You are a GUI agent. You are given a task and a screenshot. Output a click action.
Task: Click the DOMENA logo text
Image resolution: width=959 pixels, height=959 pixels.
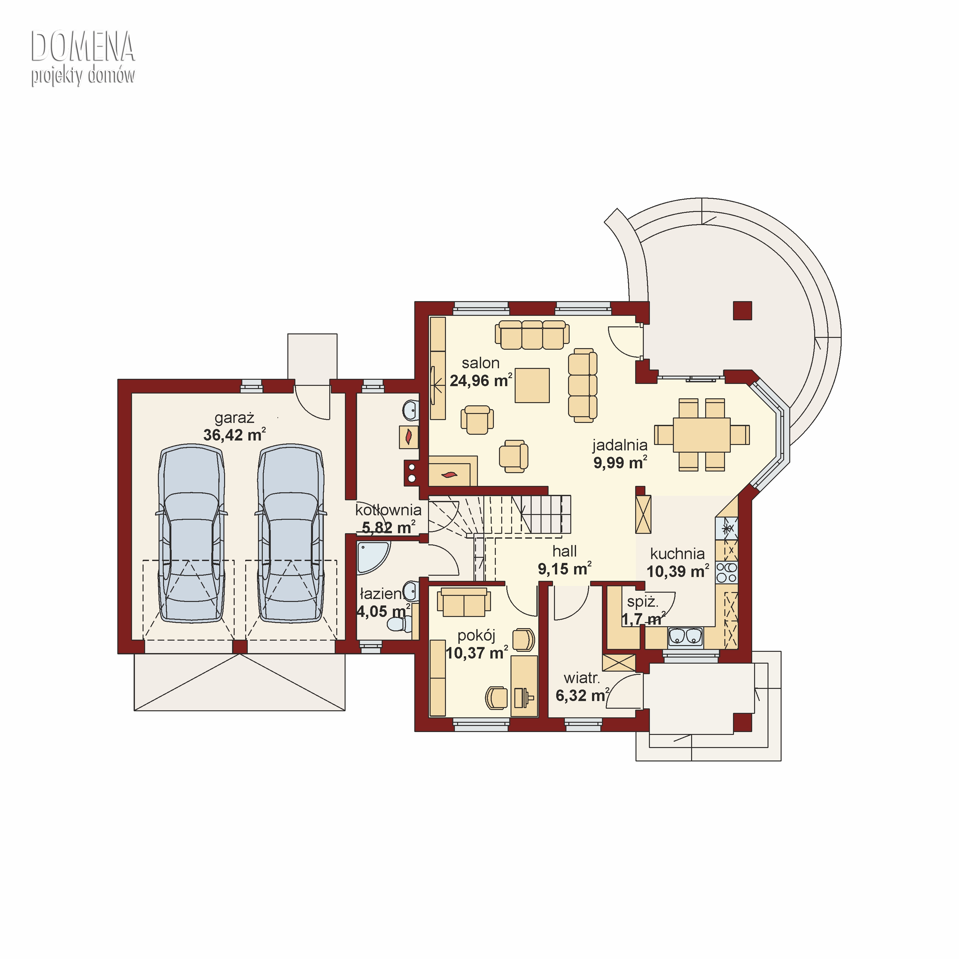pos(83,47)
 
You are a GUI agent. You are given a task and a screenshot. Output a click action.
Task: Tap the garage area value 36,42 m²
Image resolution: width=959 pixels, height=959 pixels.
pos(234,435)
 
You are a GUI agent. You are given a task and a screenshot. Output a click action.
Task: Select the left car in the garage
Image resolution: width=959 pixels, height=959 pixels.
pos(191,533)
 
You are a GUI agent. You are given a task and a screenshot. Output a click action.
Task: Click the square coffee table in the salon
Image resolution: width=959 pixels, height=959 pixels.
pos(532,385)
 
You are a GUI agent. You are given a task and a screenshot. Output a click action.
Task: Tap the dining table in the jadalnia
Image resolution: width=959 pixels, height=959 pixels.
pos(701,435)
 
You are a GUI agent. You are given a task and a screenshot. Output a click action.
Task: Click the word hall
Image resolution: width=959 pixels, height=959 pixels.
pos(565,551)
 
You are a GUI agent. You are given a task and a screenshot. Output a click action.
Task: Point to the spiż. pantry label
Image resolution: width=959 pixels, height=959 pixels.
pos(643,603)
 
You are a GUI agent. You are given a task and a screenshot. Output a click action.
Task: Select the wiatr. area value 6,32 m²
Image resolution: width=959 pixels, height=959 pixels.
pos(582,695)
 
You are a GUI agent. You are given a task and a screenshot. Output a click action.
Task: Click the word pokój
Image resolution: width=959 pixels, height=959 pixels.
pos(477,636)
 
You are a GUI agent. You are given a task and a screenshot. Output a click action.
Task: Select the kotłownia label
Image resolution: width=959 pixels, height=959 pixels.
pos(388,510)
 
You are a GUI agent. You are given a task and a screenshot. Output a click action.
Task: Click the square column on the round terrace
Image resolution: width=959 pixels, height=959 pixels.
pos(743,311)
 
